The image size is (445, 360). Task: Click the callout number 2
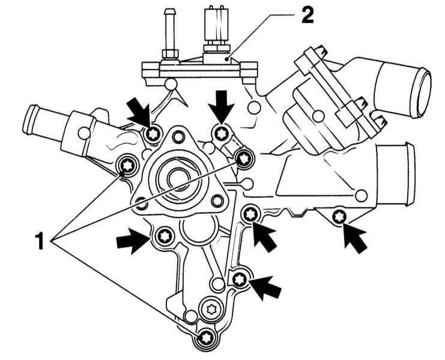click(x=306, y=16)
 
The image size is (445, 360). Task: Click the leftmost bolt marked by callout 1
click(x=127, y=164)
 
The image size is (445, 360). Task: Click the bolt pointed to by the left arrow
click(x=164, y=236)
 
